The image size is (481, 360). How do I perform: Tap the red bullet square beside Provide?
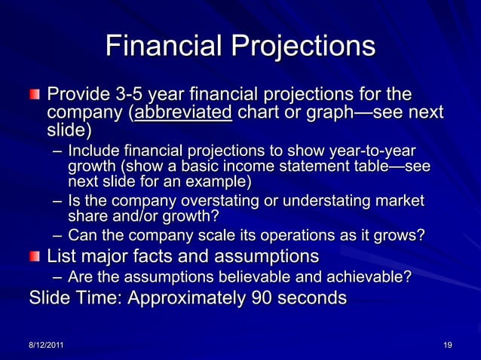click(x=35, y=96)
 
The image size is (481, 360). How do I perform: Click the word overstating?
click(x=218, y=202)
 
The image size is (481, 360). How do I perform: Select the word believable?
click(x=249, y=277)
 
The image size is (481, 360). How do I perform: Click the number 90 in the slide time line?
click(x=255, y=298)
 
